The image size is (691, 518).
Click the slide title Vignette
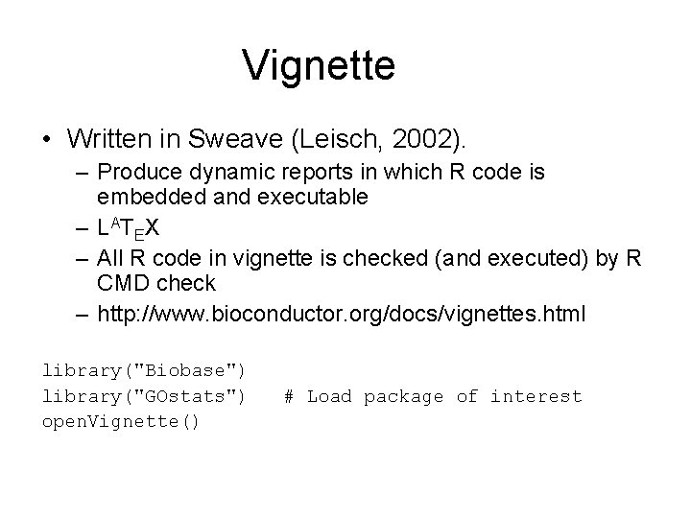coord(319,65)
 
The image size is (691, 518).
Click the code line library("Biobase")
coord(144,369)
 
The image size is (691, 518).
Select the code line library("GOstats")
coord(144,396)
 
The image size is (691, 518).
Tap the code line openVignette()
coord(121,422)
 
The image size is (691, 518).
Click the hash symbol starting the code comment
coord(289,396)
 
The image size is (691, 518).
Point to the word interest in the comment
coord(536,396)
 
